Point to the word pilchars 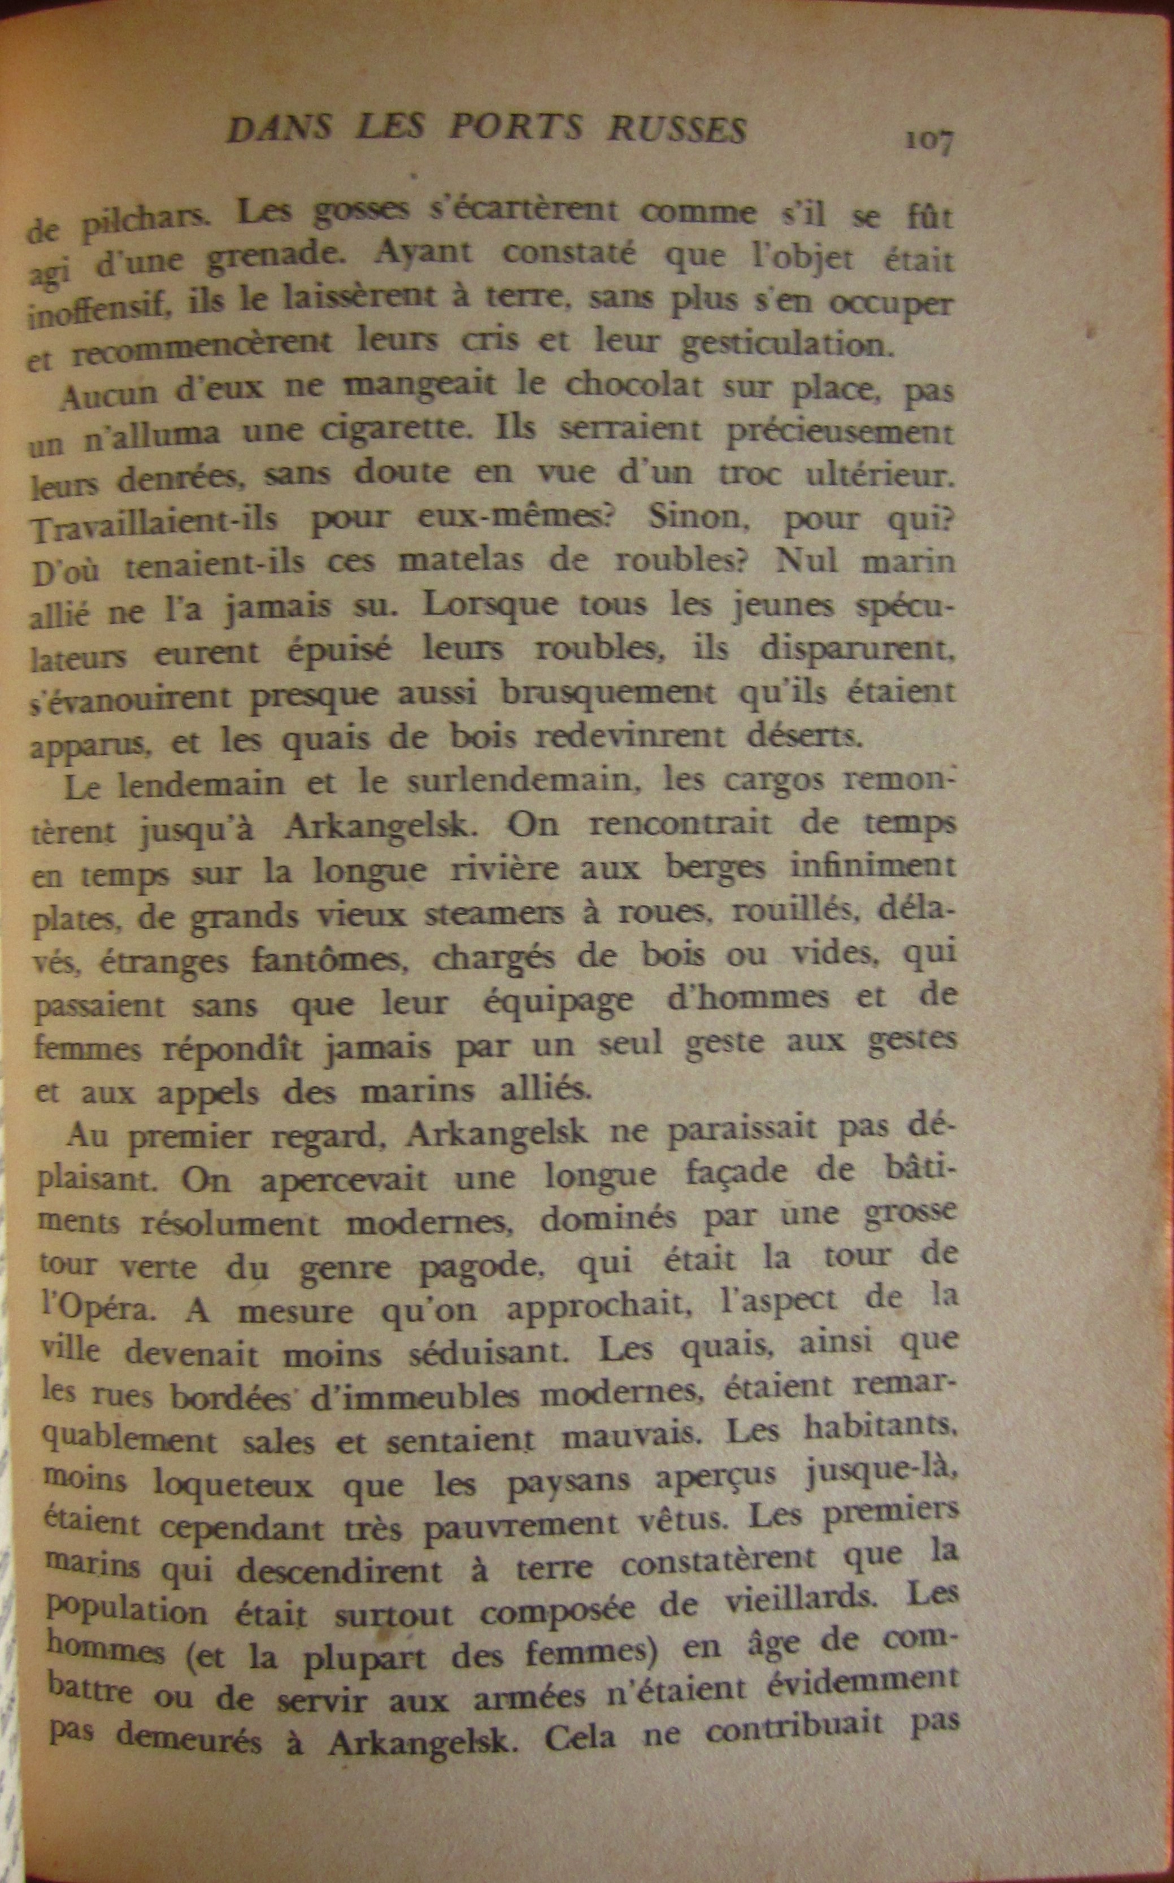point(146,223)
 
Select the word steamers point(494,913)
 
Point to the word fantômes point(330,960)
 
